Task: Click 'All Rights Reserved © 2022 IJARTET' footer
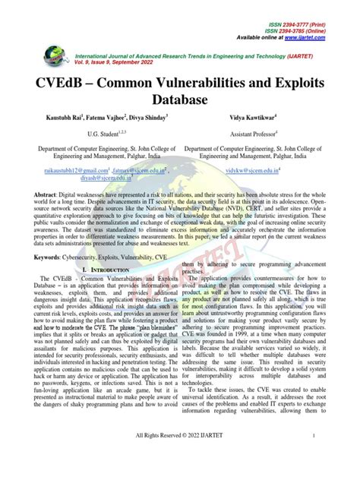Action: [179, 457]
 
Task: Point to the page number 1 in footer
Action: [334, 457]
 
